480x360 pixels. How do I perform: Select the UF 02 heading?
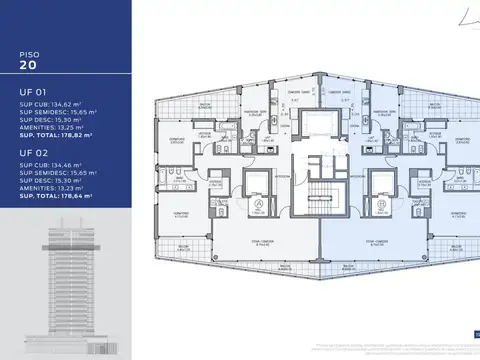pyautogui.click(x=31, y=154)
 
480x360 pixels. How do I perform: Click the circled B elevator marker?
pyautogui.click(x=384, y=204)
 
